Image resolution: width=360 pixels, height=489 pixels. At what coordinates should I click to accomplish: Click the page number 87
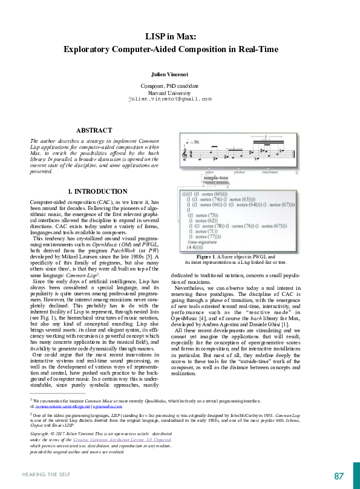(x=338, y=475)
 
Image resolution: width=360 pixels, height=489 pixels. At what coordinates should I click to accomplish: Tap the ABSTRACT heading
(x=94, y=130)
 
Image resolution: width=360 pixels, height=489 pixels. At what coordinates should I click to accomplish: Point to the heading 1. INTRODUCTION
(x=97, y=191)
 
